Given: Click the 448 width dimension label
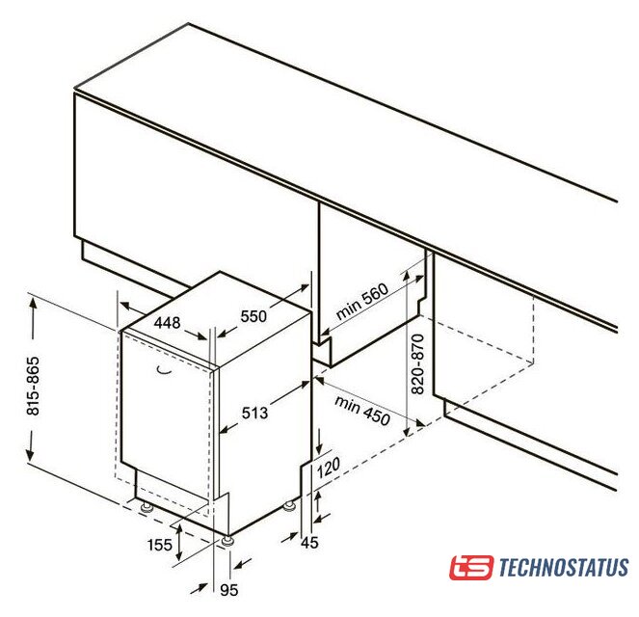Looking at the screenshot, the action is (167, 323).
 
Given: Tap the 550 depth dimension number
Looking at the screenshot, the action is (253, 316).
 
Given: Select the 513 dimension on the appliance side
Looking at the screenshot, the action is (255, 413).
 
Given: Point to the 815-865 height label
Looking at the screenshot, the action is (33, 386).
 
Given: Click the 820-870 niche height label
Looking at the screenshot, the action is (417, 363).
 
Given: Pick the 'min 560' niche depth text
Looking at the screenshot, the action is (362, 301).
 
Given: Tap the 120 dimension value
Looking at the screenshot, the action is (328, 468).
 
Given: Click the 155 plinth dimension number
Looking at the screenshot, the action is (160, 545).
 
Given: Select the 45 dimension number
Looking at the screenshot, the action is (309, 543).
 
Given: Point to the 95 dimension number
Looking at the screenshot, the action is (229, 590).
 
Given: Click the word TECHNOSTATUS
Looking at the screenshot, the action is (564, 567).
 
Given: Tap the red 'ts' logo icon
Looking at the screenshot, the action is (471, 567).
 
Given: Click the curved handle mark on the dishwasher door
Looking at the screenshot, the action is (165, 370).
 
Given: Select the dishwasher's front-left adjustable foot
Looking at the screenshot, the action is (146, 507).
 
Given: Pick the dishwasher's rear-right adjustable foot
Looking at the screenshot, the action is (290, 506).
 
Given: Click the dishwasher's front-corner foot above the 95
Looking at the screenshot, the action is (227, 541).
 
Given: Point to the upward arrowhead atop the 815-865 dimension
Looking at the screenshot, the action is (32, 305).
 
